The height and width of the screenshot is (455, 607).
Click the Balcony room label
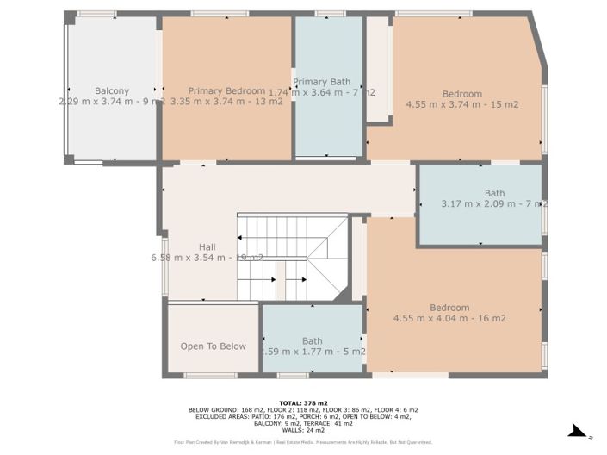click(111, 90)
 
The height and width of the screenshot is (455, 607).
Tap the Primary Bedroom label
click(226, 90)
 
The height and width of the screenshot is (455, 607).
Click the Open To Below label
click(213, 346)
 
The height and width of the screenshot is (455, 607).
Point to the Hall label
click(183, 246)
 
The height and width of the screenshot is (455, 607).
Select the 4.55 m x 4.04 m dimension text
click(449, 318)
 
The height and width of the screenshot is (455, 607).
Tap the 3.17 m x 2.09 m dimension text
click(493, 204)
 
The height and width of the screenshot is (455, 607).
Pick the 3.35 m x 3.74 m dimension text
click(226, 102)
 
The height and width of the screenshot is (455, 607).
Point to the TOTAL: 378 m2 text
click(303, 402)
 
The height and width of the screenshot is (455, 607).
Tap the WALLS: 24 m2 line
click(303, 430)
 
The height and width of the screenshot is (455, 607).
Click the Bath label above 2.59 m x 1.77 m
click(312, 340)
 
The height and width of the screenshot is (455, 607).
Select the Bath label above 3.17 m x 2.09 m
click(494, 193)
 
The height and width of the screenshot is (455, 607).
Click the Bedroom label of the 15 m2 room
click(461, 94)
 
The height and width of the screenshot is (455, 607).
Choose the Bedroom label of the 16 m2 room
click(449, 308)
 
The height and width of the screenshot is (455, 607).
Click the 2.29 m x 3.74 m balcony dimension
click(111, 102)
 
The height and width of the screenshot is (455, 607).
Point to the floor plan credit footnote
click(303, 442)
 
